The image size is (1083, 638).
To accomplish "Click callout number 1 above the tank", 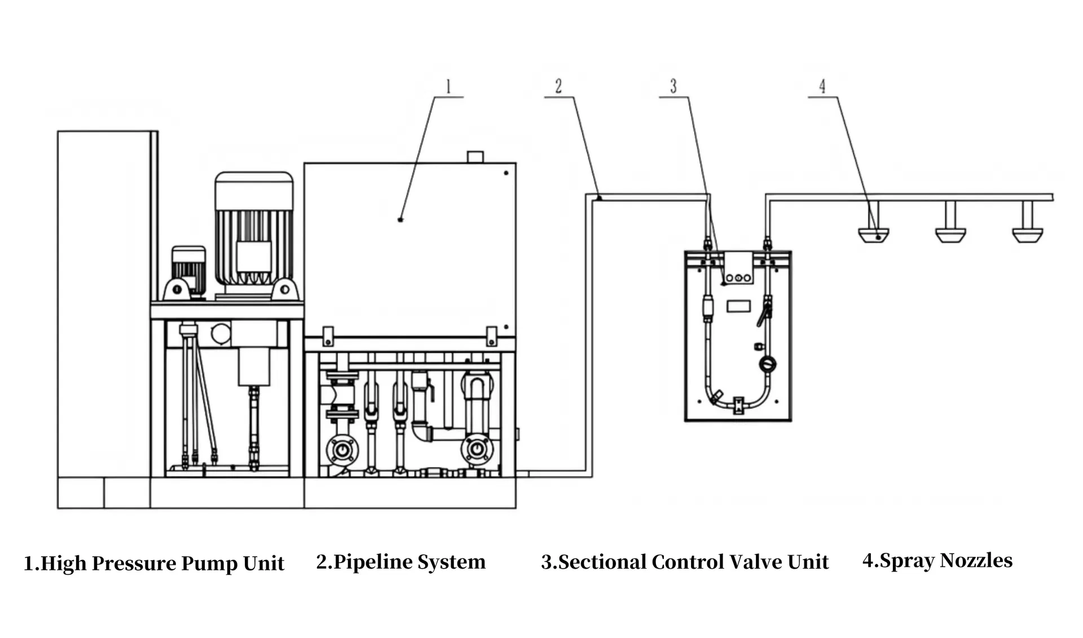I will point(448,87).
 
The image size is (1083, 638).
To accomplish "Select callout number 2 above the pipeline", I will point(558,86).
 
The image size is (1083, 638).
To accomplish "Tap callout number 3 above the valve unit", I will point(673,86).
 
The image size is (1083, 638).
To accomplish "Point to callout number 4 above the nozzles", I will point(822,86).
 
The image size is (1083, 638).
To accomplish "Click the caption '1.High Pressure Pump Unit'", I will point(153,564).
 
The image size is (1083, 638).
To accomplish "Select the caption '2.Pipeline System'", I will point(400,562).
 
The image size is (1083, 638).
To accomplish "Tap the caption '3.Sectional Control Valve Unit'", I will point(685,562).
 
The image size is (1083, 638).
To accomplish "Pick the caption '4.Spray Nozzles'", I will point(937,560).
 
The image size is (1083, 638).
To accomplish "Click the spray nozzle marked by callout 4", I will point(873,235).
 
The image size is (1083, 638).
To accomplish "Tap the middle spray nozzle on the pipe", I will point(950,235).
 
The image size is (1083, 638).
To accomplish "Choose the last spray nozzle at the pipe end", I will point(1027,235).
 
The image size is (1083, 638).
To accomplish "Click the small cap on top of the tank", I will point(476,156).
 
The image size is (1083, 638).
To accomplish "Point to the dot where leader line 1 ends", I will point(400,219).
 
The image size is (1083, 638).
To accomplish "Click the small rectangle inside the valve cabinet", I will point(738,306).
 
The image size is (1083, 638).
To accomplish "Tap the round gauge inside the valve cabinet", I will point(767,364).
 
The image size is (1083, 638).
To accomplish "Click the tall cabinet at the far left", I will point(105,305).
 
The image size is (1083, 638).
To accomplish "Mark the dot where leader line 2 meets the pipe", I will point(599,198).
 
